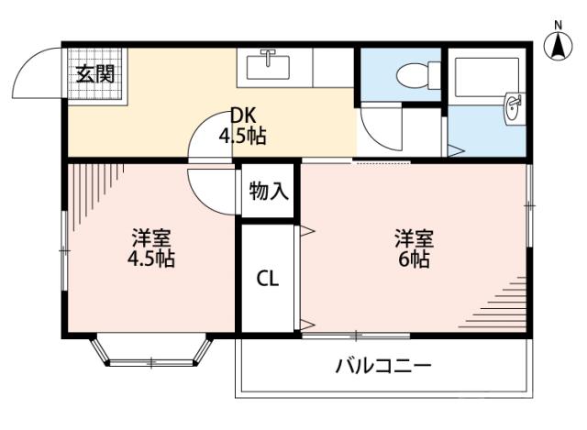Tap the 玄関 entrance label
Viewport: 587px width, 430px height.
point(94,73)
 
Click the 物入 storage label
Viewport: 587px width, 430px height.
point(269,192)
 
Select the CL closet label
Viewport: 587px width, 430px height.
point(267,277)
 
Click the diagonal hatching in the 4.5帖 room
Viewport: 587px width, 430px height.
point(92,188)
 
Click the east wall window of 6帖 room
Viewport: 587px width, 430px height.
point(530,206)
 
